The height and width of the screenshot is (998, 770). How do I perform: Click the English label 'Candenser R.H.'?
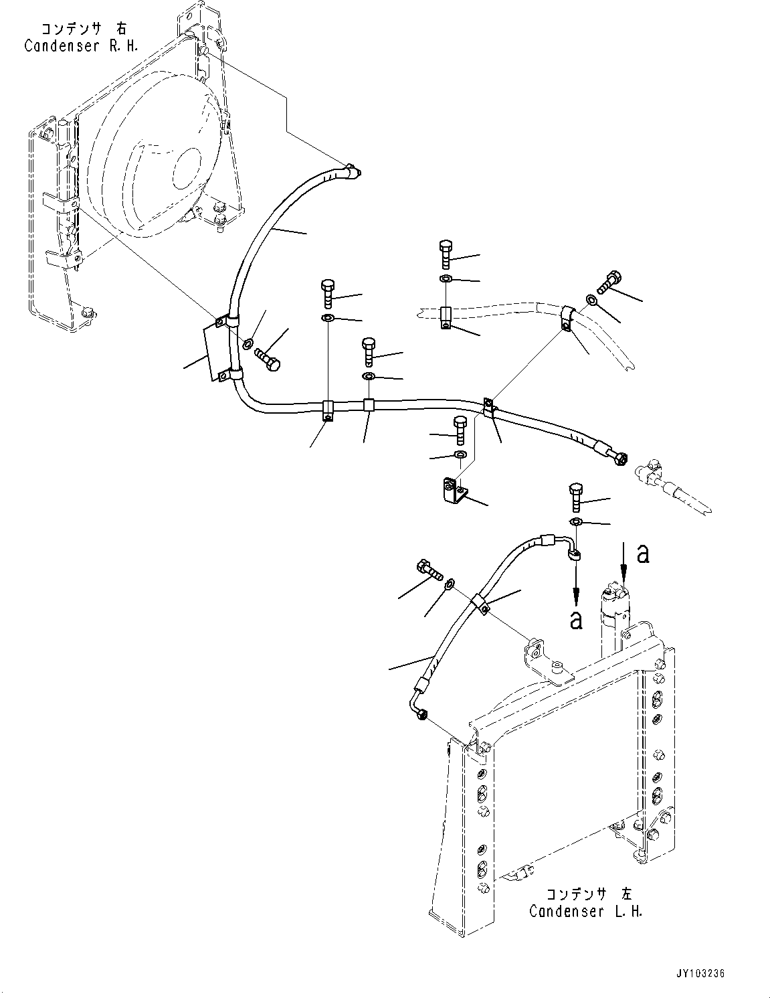point(81,46)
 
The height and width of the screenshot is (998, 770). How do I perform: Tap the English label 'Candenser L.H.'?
point(585,911)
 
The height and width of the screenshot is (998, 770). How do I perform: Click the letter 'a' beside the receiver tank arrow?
point(643,554)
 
